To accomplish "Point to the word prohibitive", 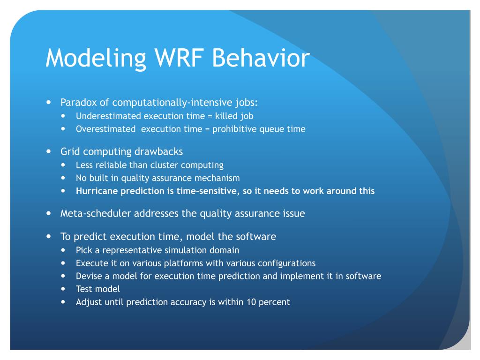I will pyautogui.click(x=233, y=129).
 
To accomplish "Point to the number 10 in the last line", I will pyautogui.click(x=251, y=302).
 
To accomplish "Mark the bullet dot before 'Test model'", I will pyautogui.click(x=64, y=289).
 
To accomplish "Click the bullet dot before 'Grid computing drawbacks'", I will pyautogui.click(x=49, y=151).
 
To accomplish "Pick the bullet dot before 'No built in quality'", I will pyautogui.click(x=64, y=178).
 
